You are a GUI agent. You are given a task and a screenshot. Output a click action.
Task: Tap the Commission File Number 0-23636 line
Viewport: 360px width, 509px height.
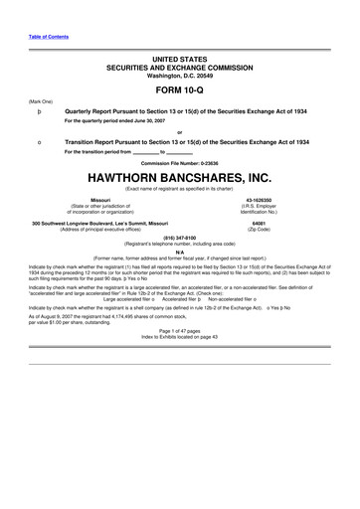179,162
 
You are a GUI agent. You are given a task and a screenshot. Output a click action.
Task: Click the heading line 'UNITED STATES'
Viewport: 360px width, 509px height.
179,46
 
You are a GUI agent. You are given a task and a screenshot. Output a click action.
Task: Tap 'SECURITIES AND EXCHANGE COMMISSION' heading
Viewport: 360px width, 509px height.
179,56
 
